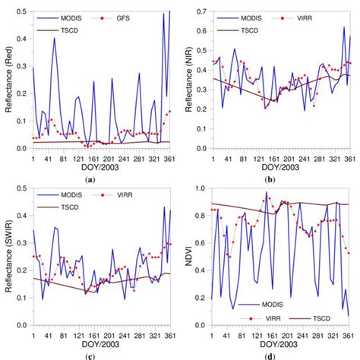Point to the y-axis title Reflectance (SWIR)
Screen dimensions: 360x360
pos(7,263)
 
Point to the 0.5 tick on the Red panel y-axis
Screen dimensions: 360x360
pos(23,9)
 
